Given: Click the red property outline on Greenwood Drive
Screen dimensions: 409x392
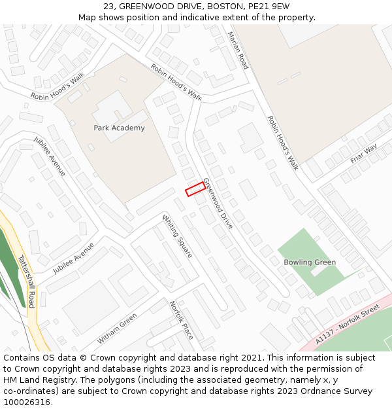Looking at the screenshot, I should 195,189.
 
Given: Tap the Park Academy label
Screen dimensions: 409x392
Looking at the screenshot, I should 119,128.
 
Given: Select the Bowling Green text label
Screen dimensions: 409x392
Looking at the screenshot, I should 310,262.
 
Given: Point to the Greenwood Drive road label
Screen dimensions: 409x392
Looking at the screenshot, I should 218,203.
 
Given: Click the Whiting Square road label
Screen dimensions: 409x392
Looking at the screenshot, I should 177,236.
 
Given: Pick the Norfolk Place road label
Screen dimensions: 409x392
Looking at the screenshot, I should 182,320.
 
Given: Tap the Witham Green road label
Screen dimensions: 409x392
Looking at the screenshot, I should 117,329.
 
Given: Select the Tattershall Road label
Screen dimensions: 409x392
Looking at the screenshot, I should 26,281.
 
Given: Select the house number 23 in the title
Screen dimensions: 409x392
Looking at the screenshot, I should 108,7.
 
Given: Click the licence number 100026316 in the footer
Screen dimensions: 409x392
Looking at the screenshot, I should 28,402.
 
